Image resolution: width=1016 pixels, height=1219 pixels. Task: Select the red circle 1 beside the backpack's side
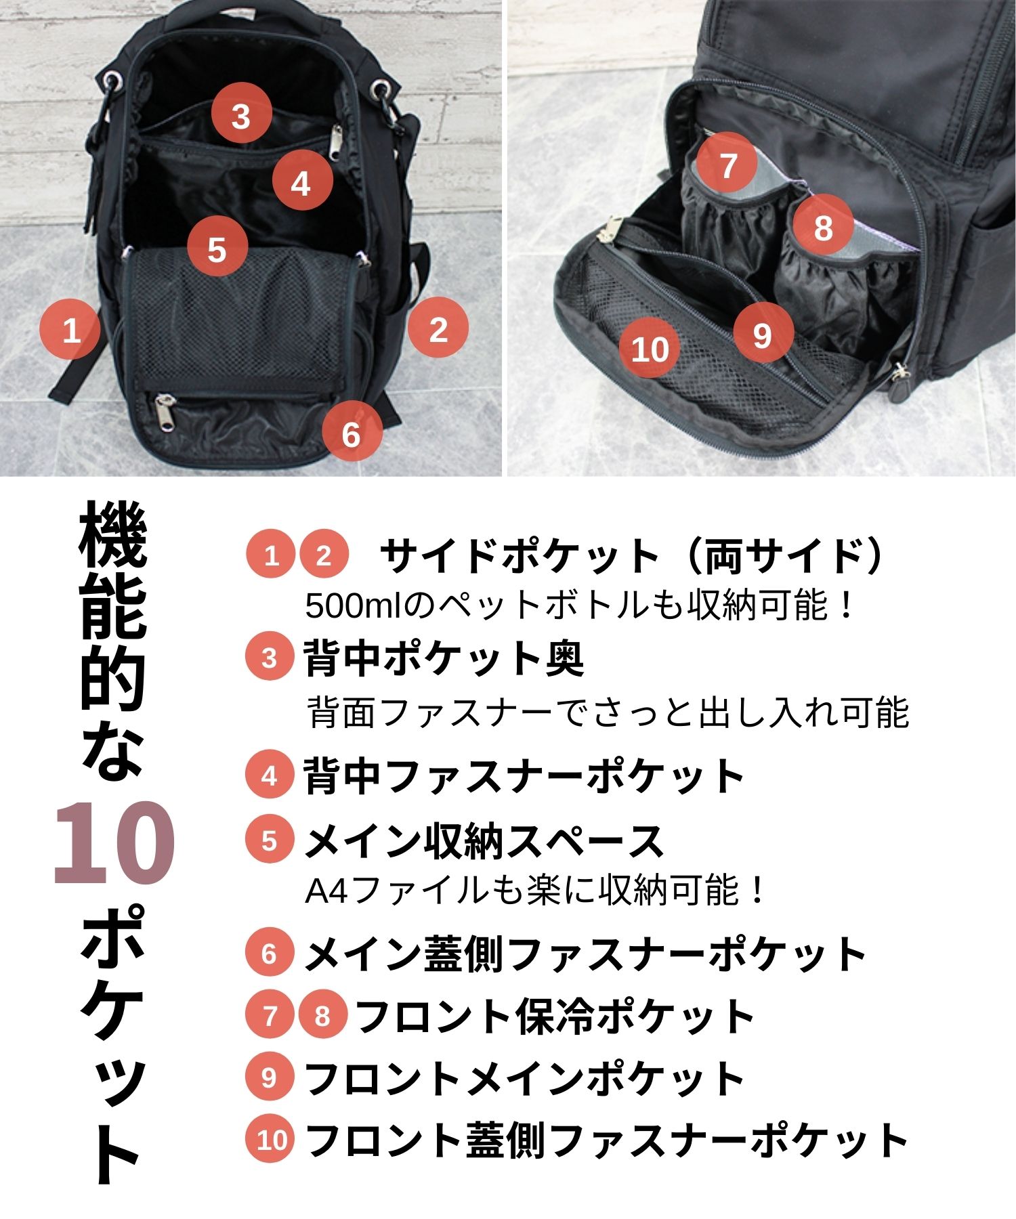click(x=70, y=330)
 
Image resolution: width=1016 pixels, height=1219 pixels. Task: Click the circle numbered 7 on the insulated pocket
click(x=727, y=164)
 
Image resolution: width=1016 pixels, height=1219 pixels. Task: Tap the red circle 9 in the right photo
click(x=763, y=333)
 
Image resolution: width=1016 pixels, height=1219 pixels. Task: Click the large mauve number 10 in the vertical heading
click(x=114, y=843)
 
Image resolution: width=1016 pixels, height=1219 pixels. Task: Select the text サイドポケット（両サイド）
click(x=634, y=556)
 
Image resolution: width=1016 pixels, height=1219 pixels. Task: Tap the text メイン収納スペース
click(x=484, y=840)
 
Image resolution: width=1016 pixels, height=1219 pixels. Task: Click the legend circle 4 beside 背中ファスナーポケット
click(x=270, y=775)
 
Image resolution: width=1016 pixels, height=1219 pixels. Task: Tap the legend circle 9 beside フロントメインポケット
click(x=270, y=1077)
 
